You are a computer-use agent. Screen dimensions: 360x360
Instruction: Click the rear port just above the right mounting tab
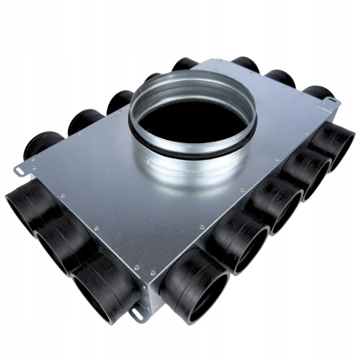click(x=317, y=94)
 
